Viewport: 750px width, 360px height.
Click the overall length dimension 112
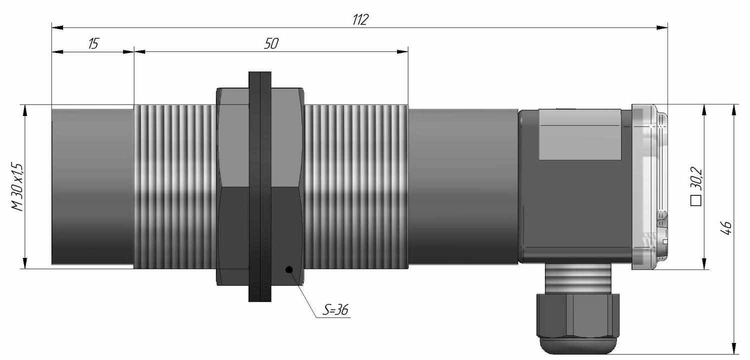(x=360, y=19)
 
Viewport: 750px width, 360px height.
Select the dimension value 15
(x=94, y=43)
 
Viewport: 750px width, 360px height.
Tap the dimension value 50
(x=271, y=43)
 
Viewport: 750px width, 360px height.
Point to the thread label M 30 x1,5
(x=17, y=187)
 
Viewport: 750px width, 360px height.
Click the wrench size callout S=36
(x=335, y=310)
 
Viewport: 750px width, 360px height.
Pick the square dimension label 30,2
(x=696, y=179)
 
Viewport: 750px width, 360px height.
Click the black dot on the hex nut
(x=289, y=269)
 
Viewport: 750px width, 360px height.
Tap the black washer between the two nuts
(x=260, y=186)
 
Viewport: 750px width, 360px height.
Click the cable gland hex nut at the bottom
(x=578, y=315)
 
